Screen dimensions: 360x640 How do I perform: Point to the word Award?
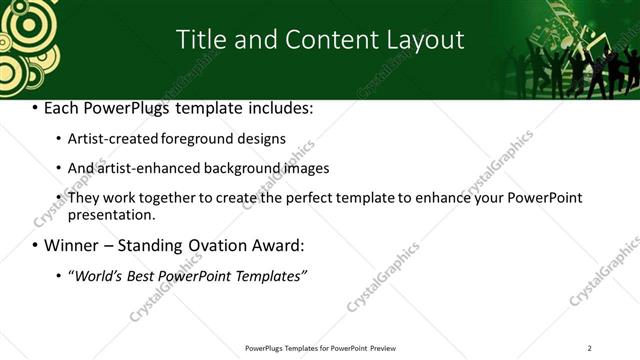(274, 245)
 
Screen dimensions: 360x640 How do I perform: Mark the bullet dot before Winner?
(36, 245)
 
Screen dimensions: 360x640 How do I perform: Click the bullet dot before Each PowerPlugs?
(36, 107)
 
